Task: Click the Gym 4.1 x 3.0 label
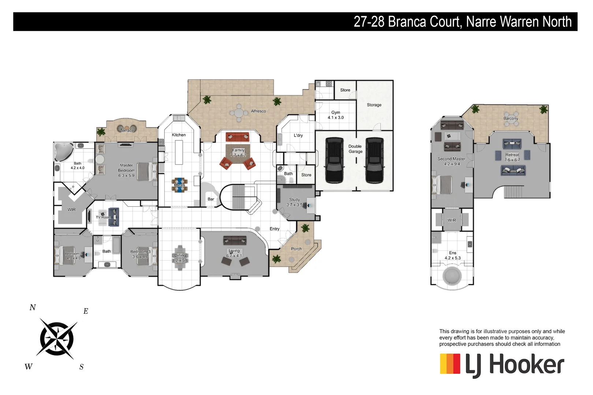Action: pos(335,115)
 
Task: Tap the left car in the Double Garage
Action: pos(334,160)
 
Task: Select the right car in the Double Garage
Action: pos(374,160)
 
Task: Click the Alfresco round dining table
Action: pos(239,113)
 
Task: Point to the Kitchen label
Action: pos(179,135)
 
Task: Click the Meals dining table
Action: pos(179,185)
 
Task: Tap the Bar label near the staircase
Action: pos(211,199)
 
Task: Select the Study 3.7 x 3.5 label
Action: pos(294,202)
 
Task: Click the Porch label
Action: pos(296,249)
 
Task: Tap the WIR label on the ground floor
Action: pos(71,210)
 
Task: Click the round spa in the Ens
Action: pos(452,275)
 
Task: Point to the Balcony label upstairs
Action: pos(511,118)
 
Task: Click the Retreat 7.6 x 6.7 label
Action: pos(512,157)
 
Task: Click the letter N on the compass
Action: pos(33,308)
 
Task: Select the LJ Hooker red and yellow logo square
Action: pos(450,364)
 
